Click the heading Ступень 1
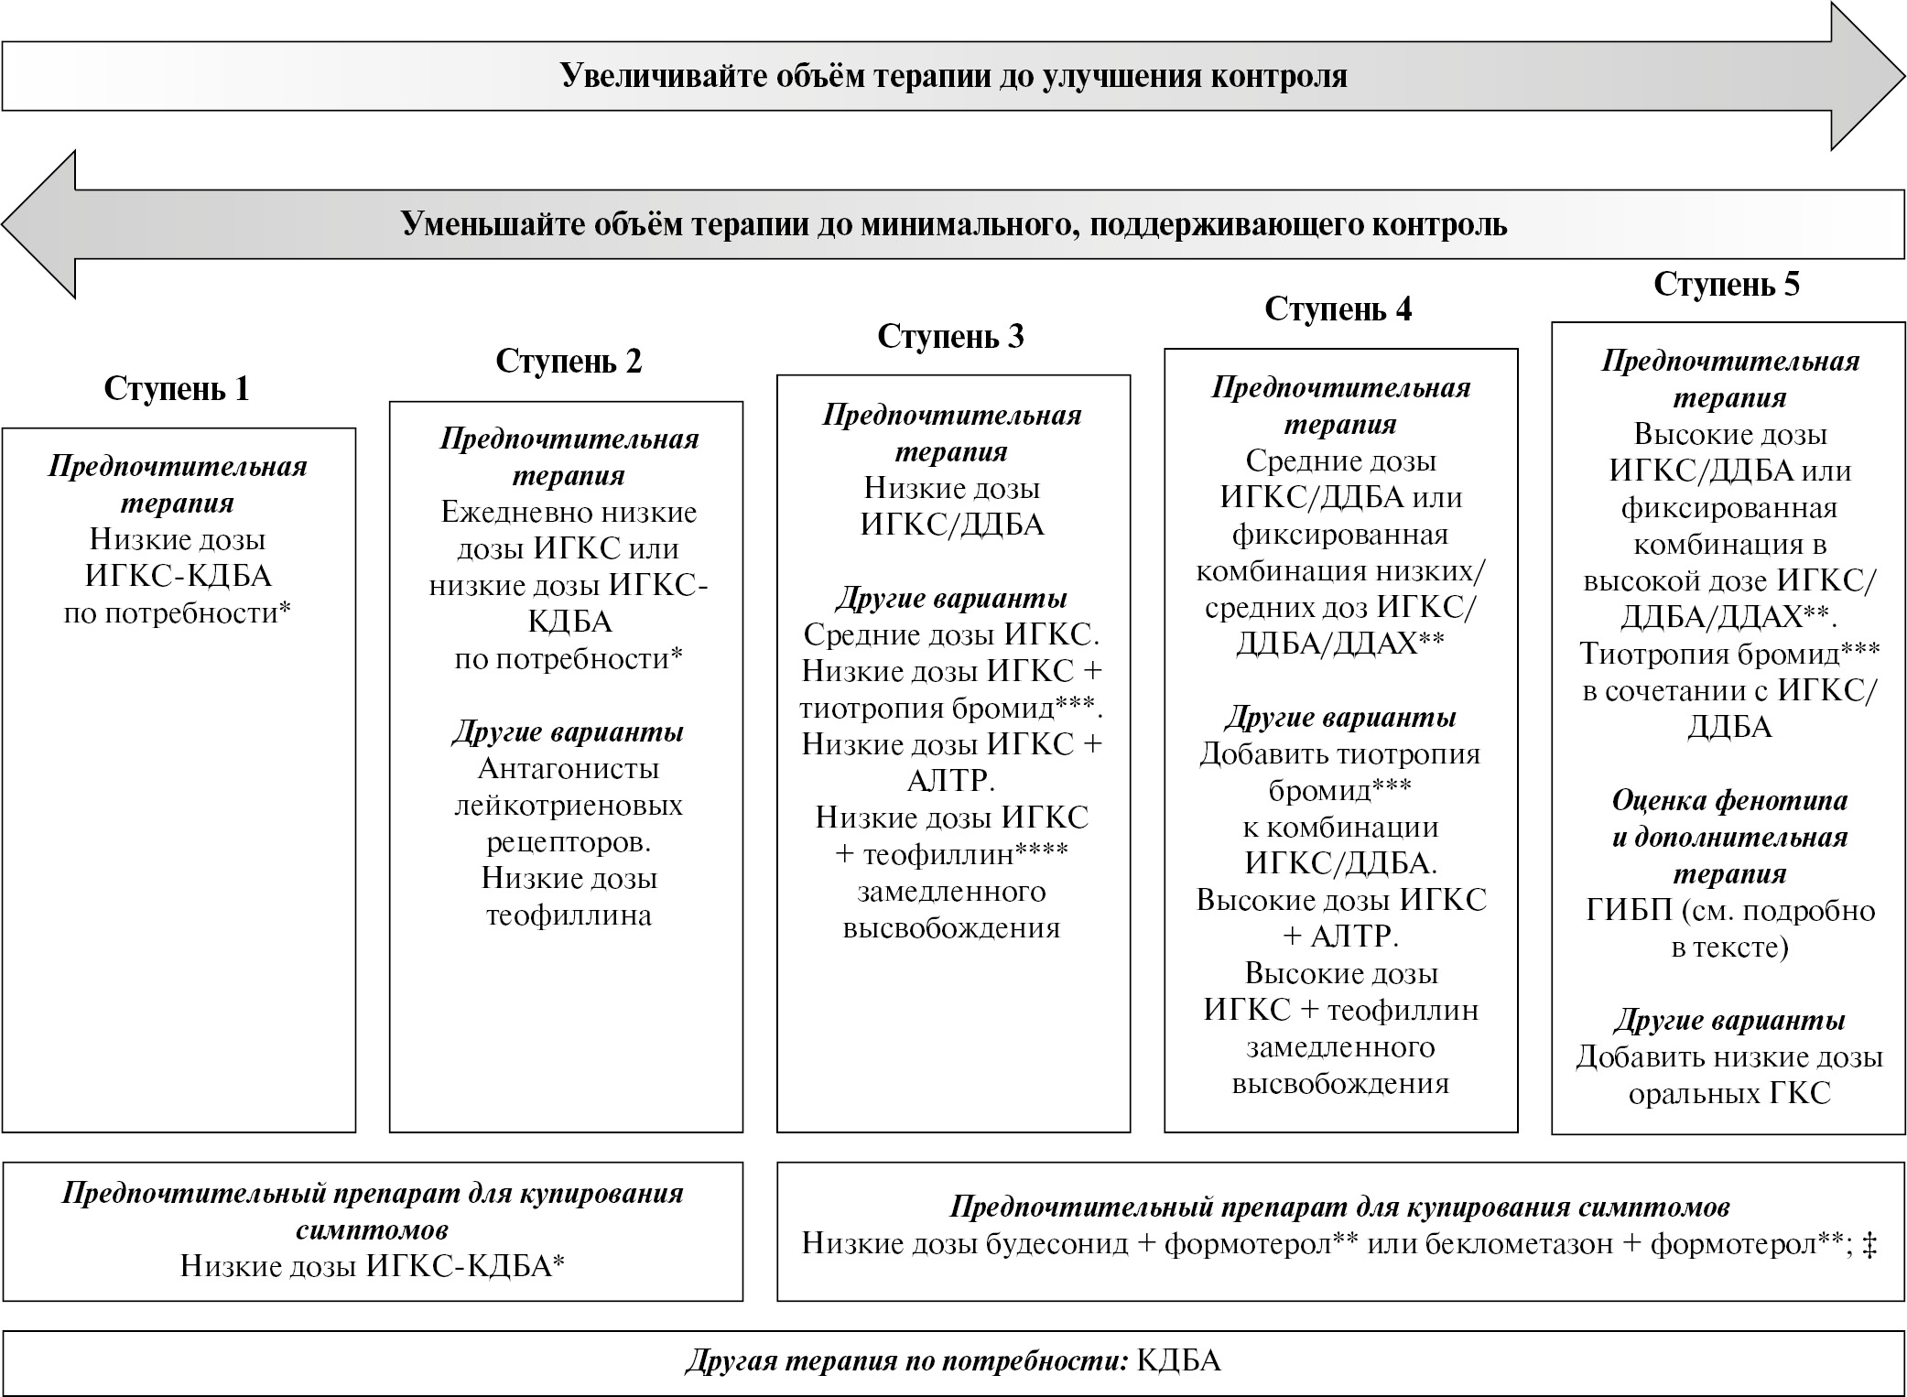176,389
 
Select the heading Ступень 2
569,362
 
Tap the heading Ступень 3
950,336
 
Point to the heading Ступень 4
1338,309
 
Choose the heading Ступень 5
1726,284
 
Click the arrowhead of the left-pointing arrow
41,225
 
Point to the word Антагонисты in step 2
569,769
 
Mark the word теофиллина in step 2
569,915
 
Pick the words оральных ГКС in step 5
1728,1093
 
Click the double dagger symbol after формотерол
1869,1244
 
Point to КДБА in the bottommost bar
1178,1361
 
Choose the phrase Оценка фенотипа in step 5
1728,801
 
